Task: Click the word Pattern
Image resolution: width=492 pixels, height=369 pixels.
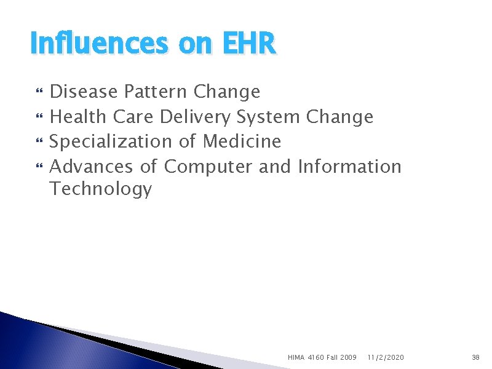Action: (156, 92)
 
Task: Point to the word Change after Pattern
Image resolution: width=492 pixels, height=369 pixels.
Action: (226, 92)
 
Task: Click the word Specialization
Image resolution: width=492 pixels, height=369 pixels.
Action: (111, 141)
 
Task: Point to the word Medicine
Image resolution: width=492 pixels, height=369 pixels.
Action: (242, 141)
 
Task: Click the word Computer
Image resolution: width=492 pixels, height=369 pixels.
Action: (208, 167)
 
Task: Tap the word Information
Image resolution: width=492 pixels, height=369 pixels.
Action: (349, 167)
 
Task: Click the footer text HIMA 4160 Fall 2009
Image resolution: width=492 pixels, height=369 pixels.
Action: (322, 357)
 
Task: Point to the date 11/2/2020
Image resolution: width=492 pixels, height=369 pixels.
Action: (386, 357)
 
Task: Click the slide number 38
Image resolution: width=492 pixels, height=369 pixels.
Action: (475, 357)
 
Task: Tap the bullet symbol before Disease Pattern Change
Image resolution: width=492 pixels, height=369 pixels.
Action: (40, 93)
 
